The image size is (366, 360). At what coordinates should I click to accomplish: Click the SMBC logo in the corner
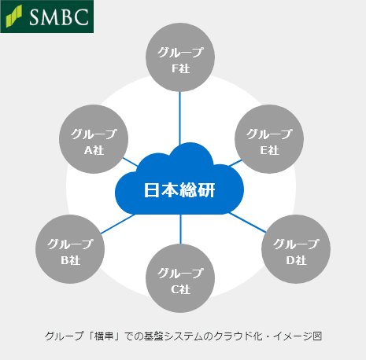point(47,17)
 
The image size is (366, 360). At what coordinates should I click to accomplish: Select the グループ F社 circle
point(180,57)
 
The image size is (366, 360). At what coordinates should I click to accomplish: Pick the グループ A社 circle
point(94,139)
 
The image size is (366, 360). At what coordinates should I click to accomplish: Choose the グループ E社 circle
point(269,139)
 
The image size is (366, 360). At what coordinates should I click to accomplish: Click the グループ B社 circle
point(70,249)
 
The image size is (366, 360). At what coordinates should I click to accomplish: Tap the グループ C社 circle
point(180,278)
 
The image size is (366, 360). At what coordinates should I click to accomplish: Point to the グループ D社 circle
point(296,249)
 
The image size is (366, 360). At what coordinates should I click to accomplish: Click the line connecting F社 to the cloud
point(180,119)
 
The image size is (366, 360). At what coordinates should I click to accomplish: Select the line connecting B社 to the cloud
point(118,224)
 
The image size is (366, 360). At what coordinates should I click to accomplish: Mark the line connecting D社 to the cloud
point(247,222)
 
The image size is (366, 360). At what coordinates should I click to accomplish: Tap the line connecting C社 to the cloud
point(180,230)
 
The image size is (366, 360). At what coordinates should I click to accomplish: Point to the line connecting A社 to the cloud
point(130,162)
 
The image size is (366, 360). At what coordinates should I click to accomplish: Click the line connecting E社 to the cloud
point(235,163)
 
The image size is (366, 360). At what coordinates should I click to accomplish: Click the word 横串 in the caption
point(104,336)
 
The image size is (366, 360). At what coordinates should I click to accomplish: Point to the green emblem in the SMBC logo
point(14,17)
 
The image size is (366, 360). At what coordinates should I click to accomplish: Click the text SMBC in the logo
point(59,17)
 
